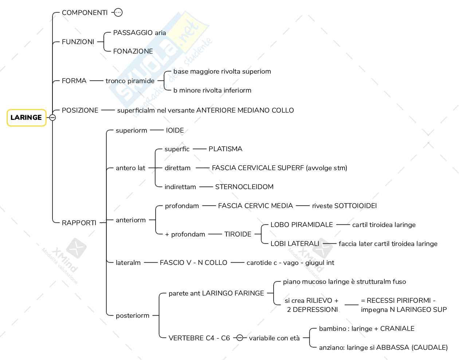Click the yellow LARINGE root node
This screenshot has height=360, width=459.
(x=26, y=118)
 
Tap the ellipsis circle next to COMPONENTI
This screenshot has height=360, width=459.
(x=118, y=13)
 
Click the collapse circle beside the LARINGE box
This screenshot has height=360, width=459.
(x=52, y=118)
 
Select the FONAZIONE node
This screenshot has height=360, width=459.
(x=133, y=51)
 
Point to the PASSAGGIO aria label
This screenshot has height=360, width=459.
(x=140, y=33)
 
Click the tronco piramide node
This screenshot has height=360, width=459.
(x=130, y=81)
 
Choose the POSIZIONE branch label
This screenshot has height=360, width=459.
(x=80, y=110)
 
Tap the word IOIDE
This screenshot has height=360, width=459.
(x=175, y=130)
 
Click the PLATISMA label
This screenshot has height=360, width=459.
(x=225, y=149)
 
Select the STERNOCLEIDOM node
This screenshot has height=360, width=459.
(x=244, y=187)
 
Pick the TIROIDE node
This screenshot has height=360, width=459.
(x=238, y=234)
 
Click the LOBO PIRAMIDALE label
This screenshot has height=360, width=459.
(x=302, y=225)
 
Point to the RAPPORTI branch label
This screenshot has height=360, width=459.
(x=79, y=223)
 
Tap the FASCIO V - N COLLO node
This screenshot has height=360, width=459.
(x=193, y=263)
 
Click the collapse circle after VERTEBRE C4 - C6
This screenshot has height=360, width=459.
(x=240, y=338)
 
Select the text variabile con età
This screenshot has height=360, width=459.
(x=274, y=338)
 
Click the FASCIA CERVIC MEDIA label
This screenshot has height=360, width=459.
(x=255, y=206)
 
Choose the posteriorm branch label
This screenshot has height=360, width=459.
(x=133, y=316)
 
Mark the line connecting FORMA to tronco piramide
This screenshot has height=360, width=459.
(x=96, y=81)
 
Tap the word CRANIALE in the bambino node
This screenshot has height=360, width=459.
(x=397, y=329)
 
